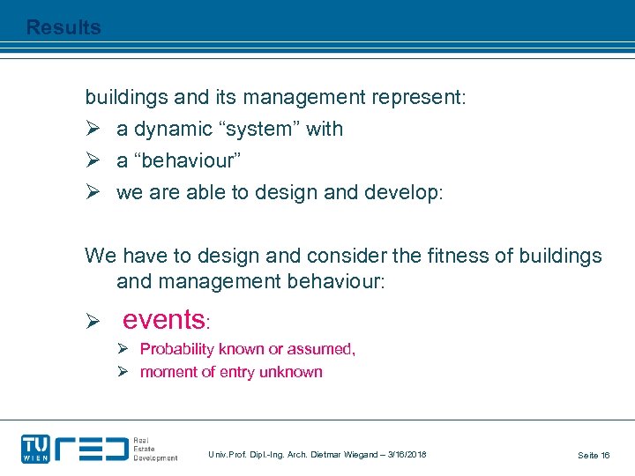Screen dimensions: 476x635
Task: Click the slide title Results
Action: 63,27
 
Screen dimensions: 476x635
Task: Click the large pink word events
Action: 163,318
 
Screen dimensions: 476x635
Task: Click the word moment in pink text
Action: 168,372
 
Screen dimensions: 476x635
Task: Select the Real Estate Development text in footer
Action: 154,448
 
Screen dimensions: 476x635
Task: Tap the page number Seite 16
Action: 594,455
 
